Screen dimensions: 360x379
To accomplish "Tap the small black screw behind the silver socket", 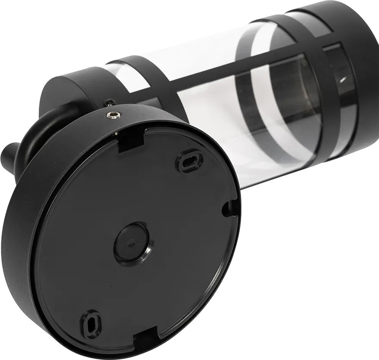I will click(x=111, y=103).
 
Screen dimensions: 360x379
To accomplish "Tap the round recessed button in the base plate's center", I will click(x=132, y=243).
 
